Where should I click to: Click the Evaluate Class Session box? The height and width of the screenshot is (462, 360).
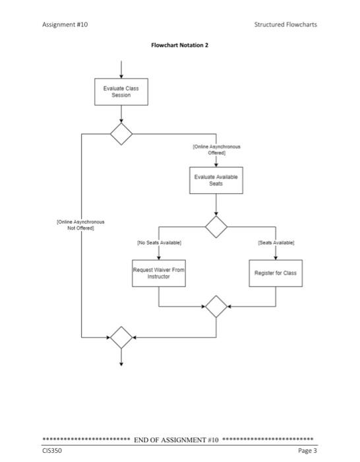pyautogui.click(x=121, y=92)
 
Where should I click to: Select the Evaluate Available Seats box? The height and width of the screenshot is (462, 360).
pyautogui.click(x=216, y=180)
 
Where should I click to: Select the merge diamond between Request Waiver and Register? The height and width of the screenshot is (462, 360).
pyautogui.click(x=216, y=306)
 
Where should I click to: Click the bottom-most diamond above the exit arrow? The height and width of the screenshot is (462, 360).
pyautogui.click(x=121, y=337)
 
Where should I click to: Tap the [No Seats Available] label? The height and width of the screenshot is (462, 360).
pyautogui.click(x=159, y=244)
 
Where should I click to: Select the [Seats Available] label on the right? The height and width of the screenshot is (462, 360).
pyautogui.click(x=275, y=244)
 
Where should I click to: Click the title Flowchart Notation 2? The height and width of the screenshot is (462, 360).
pyautogui.click(x=179, y=46)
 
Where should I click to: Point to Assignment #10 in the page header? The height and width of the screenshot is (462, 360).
pyautogui.click(x=65, y=24)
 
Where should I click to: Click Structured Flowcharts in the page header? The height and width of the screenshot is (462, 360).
pyautogui.click(x=285, y=24)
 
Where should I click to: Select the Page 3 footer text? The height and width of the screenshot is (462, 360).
pyautogui.click(x=307, y=450)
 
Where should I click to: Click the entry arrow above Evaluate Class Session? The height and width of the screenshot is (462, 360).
pyautogui.click(x=121, y=69)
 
